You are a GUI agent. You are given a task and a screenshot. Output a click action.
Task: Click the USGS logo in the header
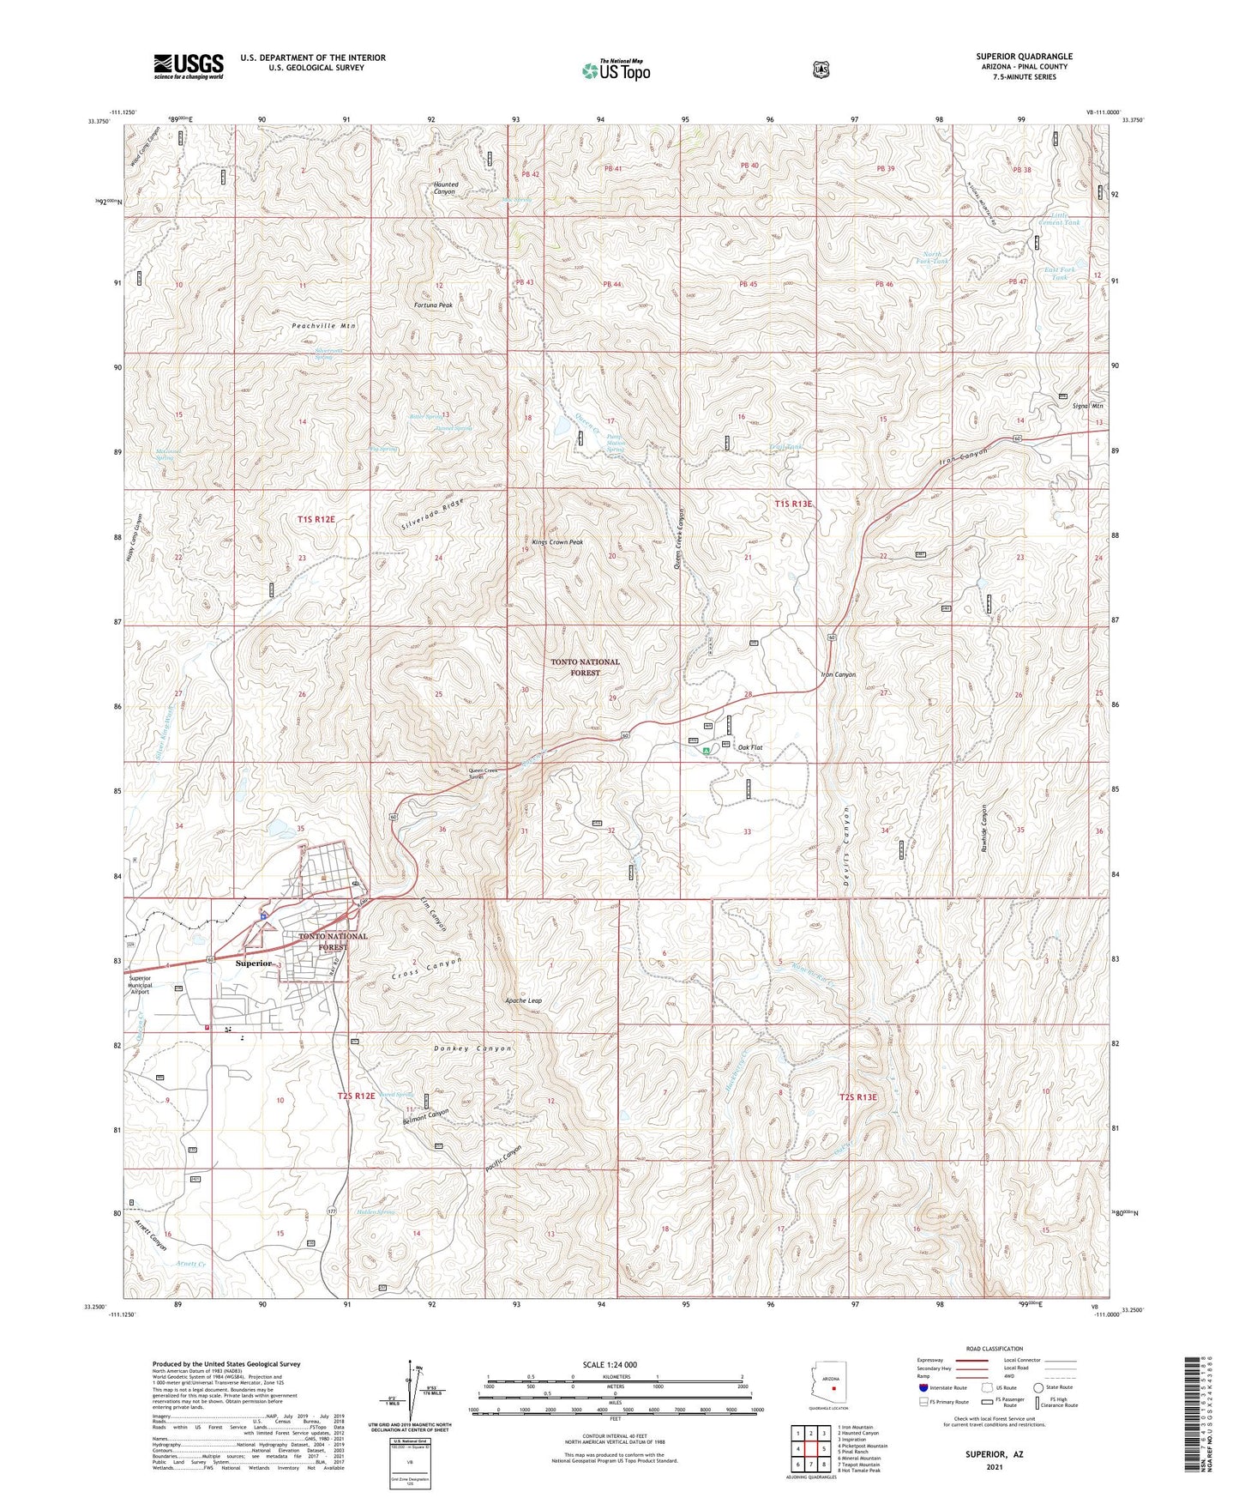(x=189, y=66)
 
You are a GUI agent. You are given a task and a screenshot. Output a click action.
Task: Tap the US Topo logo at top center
(x=616, y=70)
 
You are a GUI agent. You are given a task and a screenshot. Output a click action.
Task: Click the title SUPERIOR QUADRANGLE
(x=1024, y=57)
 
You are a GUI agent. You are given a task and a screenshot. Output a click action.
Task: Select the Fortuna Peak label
(x=433, y=305)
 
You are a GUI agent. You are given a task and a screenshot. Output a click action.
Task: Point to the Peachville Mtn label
(x=323, y=326)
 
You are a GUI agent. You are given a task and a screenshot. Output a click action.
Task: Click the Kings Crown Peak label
(x=557, y=542)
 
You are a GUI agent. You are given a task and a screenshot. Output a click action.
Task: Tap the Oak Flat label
(x=750, y=747)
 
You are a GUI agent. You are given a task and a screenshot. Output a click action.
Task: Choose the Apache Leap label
(x=523, y=1000)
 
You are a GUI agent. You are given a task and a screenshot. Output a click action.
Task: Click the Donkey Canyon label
(x=472, y=1048)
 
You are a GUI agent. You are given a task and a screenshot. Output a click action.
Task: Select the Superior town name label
(x=254, y=963)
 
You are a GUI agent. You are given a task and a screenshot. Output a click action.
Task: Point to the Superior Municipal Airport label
(x=139, y=985)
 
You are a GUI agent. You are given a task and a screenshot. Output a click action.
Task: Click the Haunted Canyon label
(x=445, y=188)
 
